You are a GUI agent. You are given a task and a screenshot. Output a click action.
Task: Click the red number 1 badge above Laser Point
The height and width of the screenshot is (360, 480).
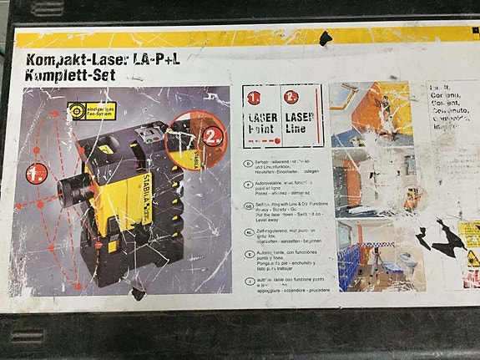254,96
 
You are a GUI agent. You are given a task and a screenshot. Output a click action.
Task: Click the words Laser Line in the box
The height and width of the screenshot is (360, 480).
302,124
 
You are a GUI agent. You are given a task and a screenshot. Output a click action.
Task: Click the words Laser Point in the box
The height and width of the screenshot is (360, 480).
263,124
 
